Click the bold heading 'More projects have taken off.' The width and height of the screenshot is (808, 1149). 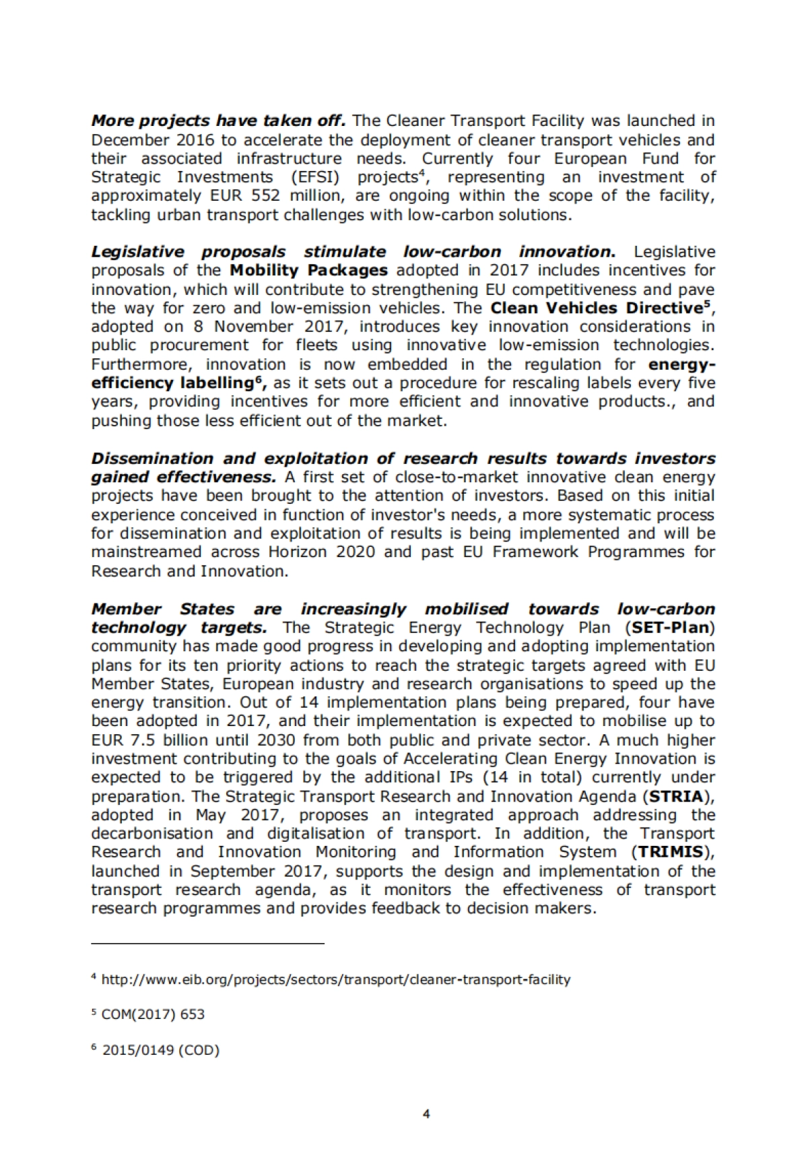click(218, 121)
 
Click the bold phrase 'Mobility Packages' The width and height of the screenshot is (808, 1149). click(308, 271)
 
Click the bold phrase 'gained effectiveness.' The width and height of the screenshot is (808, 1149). click(183, 478)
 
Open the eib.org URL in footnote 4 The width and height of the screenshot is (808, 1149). click(335, 980)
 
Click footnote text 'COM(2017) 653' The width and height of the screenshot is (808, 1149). click(152, 1015)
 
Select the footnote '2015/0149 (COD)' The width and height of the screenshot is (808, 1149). click(160, 1051)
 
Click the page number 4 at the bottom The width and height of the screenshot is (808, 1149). click(426, 1114)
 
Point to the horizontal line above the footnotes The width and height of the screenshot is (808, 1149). click(207, 944)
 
